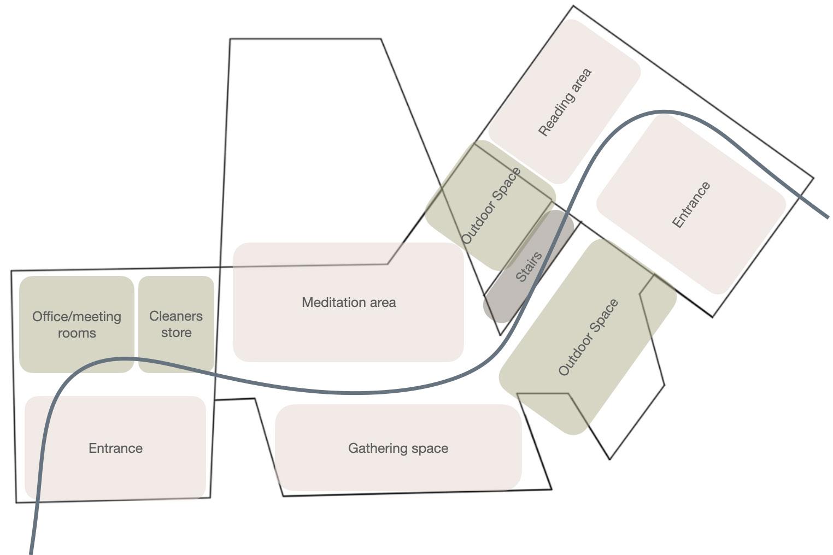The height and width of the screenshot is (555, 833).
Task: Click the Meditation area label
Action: point(349,303)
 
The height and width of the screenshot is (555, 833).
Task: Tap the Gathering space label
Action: point(398,448)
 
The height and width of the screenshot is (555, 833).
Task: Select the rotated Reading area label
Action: point(565,102)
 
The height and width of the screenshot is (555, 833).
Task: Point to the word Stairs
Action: point(529,267)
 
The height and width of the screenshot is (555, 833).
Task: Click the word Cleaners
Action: point(176,316)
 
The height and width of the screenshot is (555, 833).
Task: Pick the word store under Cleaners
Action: point(176,333)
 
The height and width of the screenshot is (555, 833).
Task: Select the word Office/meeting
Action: point(77,317)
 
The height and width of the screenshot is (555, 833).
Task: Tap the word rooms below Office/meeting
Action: point(77,333)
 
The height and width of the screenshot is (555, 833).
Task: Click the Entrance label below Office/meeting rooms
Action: point(115,448)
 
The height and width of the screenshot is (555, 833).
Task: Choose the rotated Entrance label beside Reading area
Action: point(691,205)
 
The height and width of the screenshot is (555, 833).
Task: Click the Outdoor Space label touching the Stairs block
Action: point(491,206)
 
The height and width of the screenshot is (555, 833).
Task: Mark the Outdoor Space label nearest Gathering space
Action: point(589,338)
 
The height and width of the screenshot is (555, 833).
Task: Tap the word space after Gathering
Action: point(429,448)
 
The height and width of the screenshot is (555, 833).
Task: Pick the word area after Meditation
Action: point(382,303)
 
